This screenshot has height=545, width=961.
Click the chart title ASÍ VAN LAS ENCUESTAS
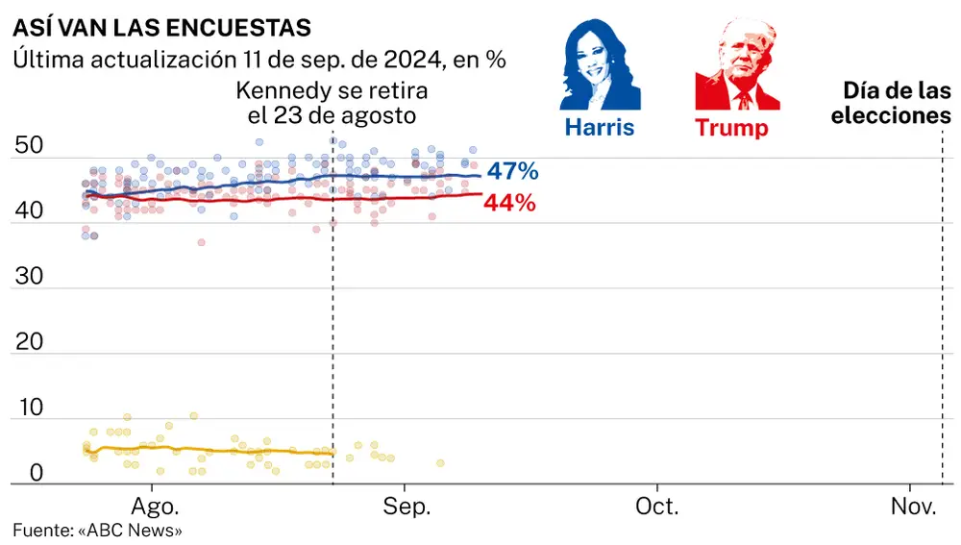coord(161,24)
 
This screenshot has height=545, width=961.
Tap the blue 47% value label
coord(511,172)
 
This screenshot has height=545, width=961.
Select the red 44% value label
coord(510,203)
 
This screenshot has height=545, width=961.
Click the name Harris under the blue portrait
coord(599,127)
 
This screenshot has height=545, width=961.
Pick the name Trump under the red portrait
coord(731,128)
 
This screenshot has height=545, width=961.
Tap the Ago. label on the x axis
coord(154,506)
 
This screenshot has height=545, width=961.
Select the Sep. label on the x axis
coord(407,506)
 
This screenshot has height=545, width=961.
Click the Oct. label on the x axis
coord(658,506)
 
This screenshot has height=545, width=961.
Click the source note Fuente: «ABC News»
coord(97,530)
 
